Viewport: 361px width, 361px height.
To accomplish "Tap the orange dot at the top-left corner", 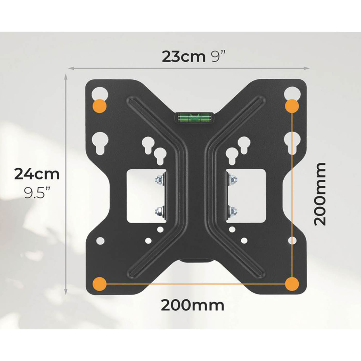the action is coord(100,106).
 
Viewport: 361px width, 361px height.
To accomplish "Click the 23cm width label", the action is coord(184,57).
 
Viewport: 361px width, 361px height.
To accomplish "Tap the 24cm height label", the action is coord(37,174).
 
